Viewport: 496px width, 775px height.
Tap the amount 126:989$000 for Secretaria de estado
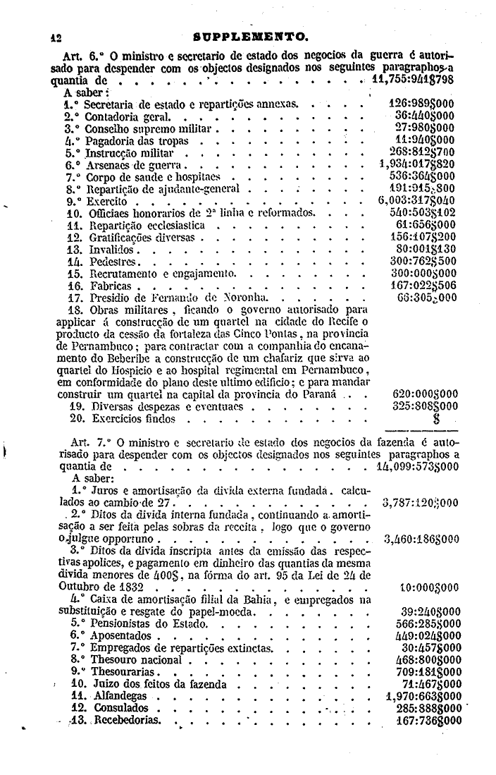[x=421, y=103]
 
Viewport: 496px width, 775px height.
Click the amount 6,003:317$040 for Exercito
[x=416, y=200]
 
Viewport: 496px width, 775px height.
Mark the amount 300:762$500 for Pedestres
[x=421, y=261]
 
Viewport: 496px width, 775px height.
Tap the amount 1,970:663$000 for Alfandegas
[x=417, y=695]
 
